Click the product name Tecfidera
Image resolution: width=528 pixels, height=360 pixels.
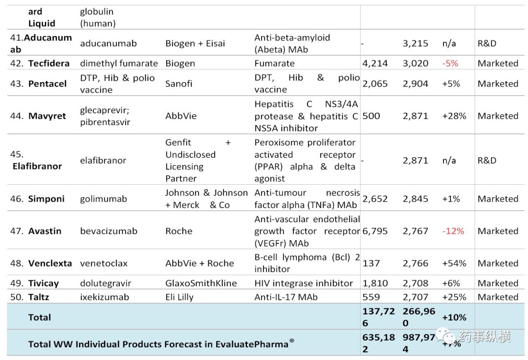pyautogui.click(x=48, y=64)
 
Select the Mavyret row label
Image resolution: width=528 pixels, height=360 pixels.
pyautogui.click(x=47, y=116)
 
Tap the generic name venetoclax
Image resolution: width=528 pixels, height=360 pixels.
pyautogui.click(x=104, y=263)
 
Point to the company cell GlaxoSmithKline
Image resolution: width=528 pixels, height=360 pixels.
pyautogui.click(x=201, y=283)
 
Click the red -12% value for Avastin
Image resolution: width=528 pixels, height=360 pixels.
pyautogui.click(x=453, y=231)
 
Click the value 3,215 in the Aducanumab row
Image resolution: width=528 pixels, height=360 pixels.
pyautogui.click(x=416, y=43)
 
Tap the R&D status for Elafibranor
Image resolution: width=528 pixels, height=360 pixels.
pyautogui.click(x=486, y=161)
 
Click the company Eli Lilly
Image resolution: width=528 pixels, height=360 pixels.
pyautogui.click(x=179, y=297)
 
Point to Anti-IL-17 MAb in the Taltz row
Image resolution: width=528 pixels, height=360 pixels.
pyautogui.click(x=286, y=297)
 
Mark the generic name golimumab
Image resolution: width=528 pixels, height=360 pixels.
pyautogui.click(x=104, y=199)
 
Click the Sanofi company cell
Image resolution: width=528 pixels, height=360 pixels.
pyautogui.click(x=179, y=84)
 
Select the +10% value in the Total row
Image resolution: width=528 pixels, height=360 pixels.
pyautogui.click(x=454, y=318)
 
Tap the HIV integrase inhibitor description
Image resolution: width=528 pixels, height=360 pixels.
pyautogui.click(x=304, y=283)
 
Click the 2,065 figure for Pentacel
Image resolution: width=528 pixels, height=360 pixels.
pyautogui.click(x=375, y=84)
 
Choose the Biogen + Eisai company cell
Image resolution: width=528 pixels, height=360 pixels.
pyautogui.click(x=195, y=43)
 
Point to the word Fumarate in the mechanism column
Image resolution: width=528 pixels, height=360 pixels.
pyautogui.click(x=274, y=64)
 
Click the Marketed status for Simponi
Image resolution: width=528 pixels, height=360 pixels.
pyautogui.click(x=498, y=199)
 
